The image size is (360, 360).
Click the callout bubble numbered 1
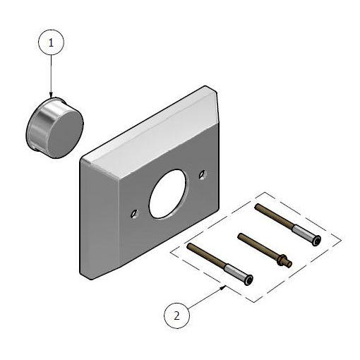click(51, 43)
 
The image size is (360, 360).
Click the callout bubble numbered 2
click(178, 316)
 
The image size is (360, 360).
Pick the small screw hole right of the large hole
click(203, 174)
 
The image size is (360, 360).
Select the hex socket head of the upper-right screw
click(317, 242)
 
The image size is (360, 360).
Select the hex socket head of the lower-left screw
click(249, 282)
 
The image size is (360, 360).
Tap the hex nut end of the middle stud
click(284, 262)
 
